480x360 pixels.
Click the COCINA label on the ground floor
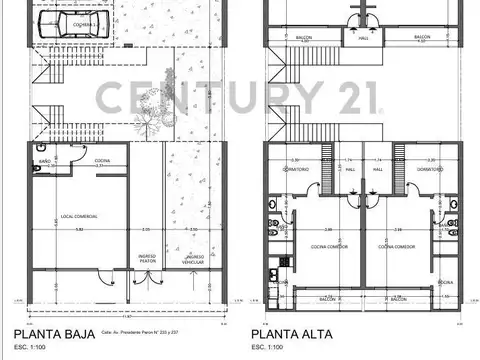(x=103, y=160)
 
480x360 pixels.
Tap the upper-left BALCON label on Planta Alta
(x=304, y=38)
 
